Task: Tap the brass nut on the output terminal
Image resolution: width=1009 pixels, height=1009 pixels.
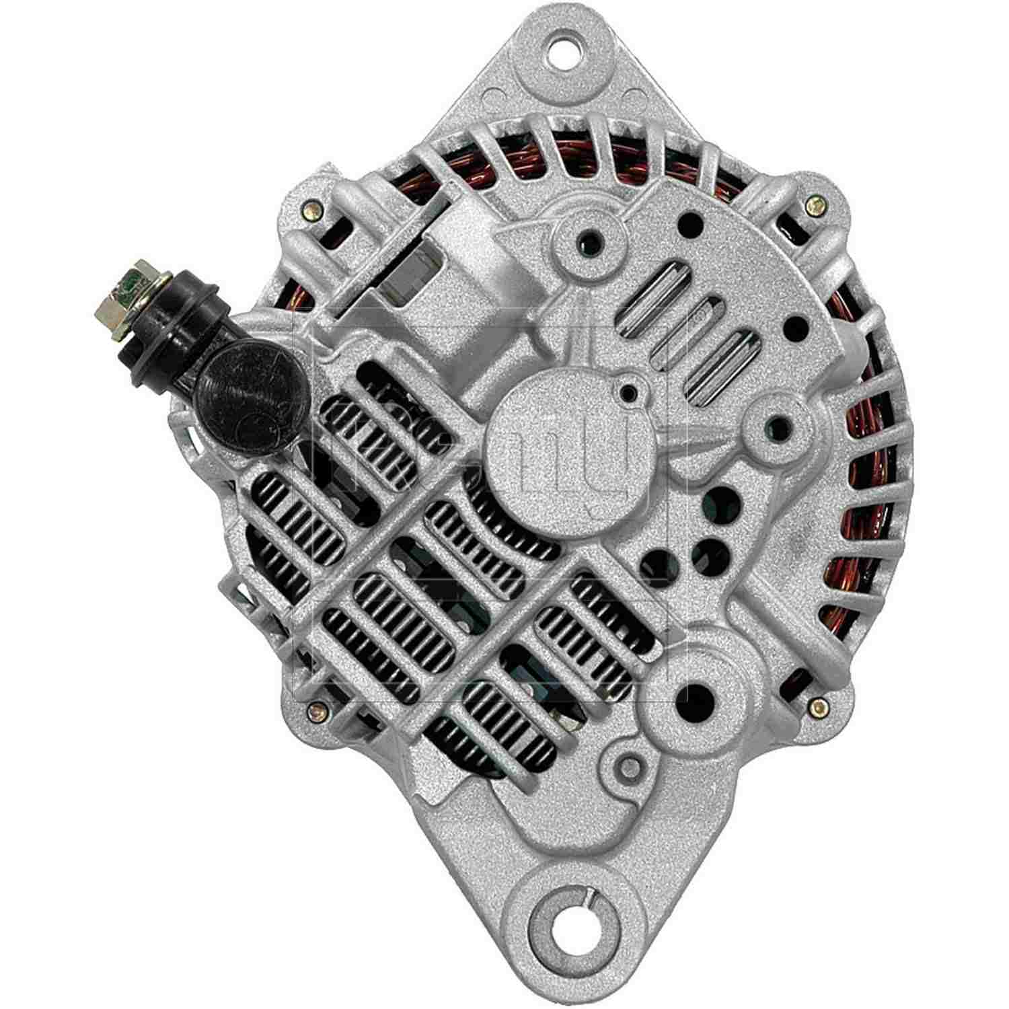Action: pyautogui.click(x=113, y=283)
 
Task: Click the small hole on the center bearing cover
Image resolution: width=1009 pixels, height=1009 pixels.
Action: pyautogui.click(x=628, y=392)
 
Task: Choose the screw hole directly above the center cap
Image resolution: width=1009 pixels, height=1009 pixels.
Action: pyautogui.click(x=590, y=237)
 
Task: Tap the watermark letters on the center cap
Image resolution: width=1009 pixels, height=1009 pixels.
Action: pyautogui.click(x=565, y=457)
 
